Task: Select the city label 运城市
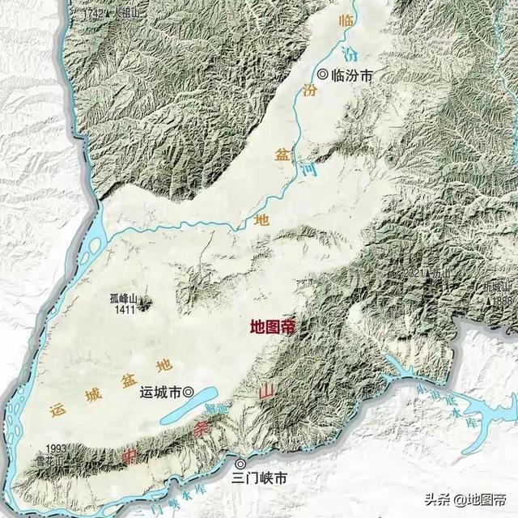point(159,393)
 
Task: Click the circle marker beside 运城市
point(189,393)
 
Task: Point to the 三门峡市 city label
point(259,478)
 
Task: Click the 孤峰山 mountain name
point(124,298)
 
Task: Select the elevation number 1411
point(124,309)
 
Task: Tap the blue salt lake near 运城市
point(186,414)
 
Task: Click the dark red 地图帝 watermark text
point(273,327)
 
